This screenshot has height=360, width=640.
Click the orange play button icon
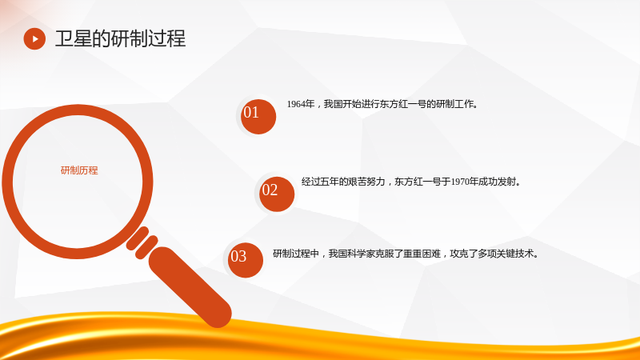(x=34, y=38)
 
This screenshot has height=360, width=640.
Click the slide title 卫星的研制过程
(x=121, y=38)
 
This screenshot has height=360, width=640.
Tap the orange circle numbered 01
(x=258, y=116)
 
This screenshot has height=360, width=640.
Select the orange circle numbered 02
(x=276, y=194)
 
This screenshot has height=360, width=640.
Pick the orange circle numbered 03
(x=246, y=260)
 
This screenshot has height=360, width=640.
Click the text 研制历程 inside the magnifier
(x=79, y=170)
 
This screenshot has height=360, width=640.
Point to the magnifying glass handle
(x=190, y=287)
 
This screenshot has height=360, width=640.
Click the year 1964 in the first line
(x=296, y=104)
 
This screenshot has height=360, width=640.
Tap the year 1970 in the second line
(x=459, y=182)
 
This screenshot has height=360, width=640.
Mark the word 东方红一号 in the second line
(x=418, y=182)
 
